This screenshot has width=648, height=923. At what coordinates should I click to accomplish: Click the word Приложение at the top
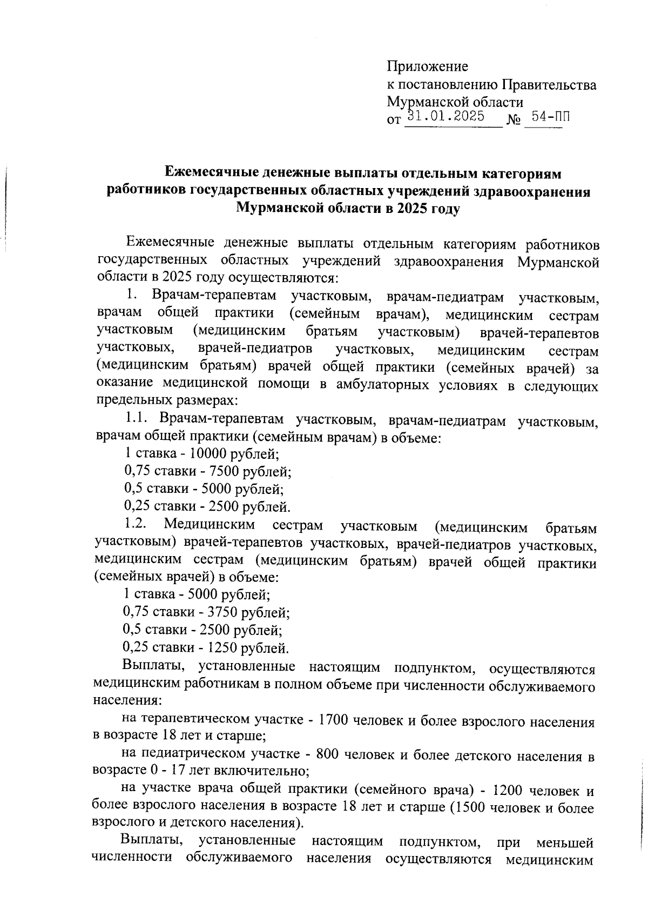coord(427,66)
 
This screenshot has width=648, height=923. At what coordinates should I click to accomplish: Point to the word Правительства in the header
coord(549,85)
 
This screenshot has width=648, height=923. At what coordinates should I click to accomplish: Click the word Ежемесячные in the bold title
coord(212,174)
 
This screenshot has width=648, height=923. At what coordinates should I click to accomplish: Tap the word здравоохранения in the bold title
coord(532,191)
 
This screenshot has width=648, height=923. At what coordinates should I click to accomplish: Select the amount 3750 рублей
coord(219,612)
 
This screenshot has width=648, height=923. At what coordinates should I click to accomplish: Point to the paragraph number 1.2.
coord(135,524)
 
